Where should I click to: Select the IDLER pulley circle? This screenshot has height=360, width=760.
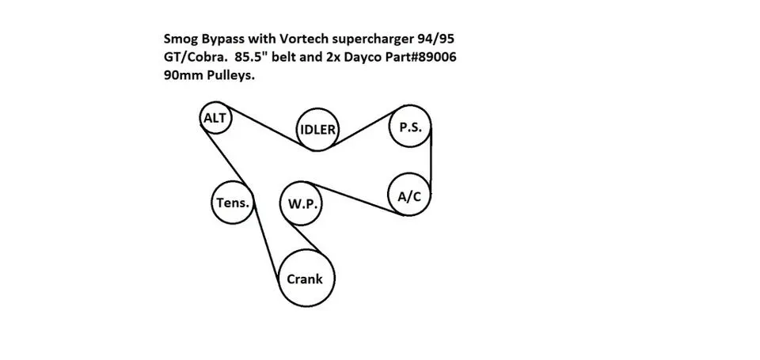point(297,130)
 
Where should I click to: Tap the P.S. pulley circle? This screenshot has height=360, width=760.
point(389,127)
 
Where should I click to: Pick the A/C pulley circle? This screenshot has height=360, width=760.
point(389,195)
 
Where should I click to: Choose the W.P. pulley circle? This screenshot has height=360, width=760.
point(280,203)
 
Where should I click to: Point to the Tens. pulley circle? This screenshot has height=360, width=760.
point(212,203)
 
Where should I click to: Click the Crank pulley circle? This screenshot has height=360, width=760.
point(279,279)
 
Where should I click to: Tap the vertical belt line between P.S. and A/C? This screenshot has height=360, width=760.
point(431,161)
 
